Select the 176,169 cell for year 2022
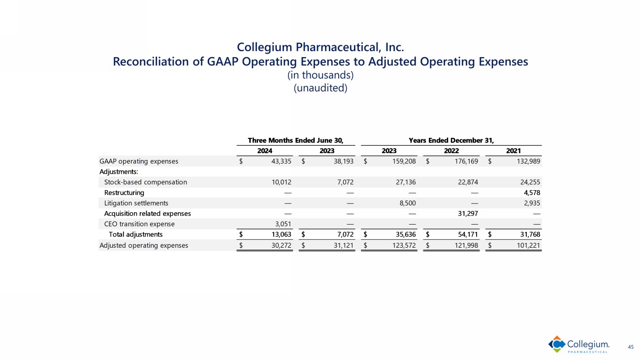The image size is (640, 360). click(465, 161)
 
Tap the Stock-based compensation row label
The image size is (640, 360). click(145, 182)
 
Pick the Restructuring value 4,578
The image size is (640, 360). click(531, 193)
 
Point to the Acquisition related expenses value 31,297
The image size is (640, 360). click(467, 214)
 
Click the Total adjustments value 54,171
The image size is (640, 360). click(467, 234)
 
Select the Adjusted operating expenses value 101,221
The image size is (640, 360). click(527, 245)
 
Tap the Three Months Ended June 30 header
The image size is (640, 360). click(295, 140)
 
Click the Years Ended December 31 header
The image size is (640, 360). click(451, 140)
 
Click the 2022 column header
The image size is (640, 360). click(451, 151)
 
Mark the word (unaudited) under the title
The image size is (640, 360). click(320, 89)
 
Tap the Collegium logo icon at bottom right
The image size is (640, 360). click(556, 344)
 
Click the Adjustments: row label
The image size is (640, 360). click(119, 171)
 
